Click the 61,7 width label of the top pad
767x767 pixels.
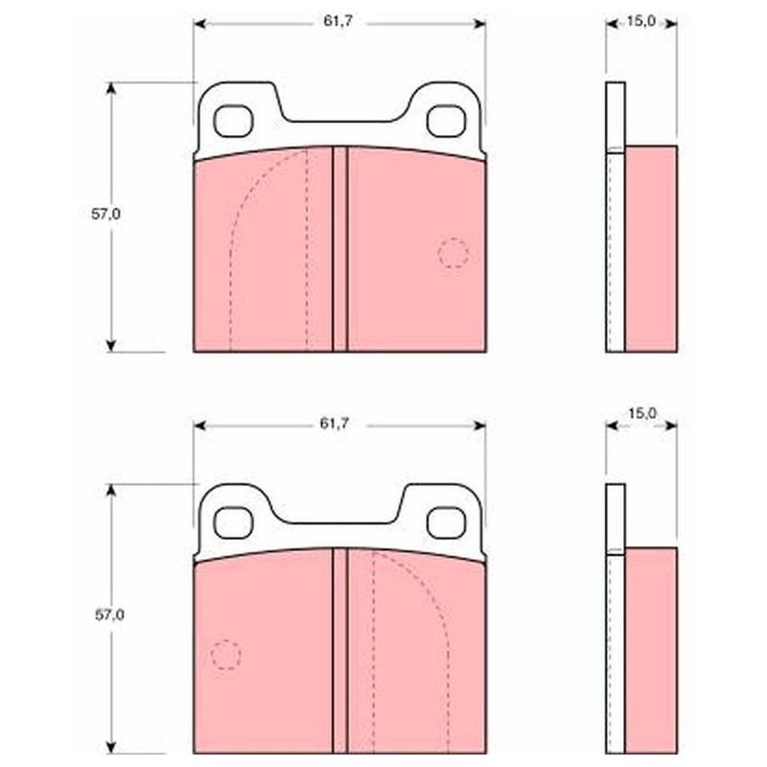(x=337, y=21)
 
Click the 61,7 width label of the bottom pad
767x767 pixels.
(x=334, y=424)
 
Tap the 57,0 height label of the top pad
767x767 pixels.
(x=105, y=214)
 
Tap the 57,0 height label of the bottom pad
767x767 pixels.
(x=109, y=616)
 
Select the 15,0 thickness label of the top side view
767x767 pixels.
(x=641, y=21)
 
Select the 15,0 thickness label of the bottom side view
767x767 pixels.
(x=641, y=413)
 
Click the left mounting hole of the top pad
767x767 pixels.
(x=233, y=122)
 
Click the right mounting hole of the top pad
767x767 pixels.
(x=447, y=122)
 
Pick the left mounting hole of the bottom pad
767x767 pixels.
(x=233, y=523)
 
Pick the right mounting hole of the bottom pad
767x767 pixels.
(x=447, y=523)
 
